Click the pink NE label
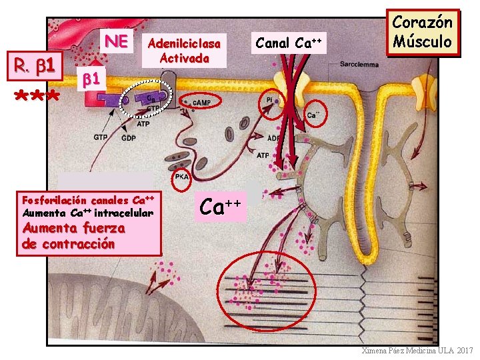(116, 41)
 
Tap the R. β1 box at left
(39, 65)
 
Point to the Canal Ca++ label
(289, 43)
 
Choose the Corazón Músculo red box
(422, 31)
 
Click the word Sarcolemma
(359, 66)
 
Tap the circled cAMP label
(201, 103)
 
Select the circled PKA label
(181, 177)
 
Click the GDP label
(129, 138)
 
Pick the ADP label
(274, 139)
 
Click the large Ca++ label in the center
(223, 205)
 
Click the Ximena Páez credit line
(416, 351)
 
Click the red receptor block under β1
(99, 99)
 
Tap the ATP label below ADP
(263, 155)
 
